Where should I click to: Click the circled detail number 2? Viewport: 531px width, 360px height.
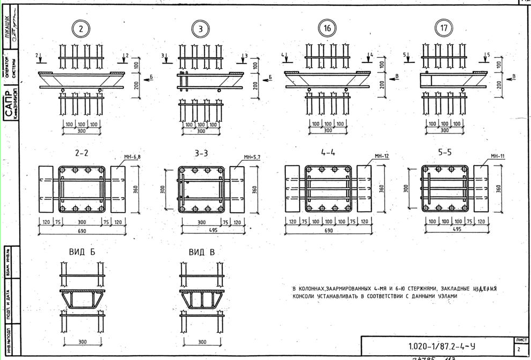(x=81, y=29)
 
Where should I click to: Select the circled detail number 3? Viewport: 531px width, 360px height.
(x=201, y=29)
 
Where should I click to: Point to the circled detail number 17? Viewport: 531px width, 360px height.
(x=443, y=28)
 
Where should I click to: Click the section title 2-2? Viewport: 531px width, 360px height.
(x=82, y=153)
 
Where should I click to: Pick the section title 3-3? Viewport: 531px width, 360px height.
(x=201, y=153)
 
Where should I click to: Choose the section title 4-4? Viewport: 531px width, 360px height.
(x=328, y=152)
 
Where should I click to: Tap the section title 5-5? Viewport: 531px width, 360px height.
(x=444, y=152)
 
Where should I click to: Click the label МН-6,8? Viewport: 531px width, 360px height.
(x=132, y=157)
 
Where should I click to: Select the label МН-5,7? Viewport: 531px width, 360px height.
(x=252, y=157)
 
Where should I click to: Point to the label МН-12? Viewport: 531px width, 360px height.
(x=381, y=156)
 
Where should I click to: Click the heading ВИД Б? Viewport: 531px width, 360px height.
(x=82, y=252)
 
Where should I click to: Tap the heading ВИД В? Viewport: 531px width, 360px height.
(x=201, y=252)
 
